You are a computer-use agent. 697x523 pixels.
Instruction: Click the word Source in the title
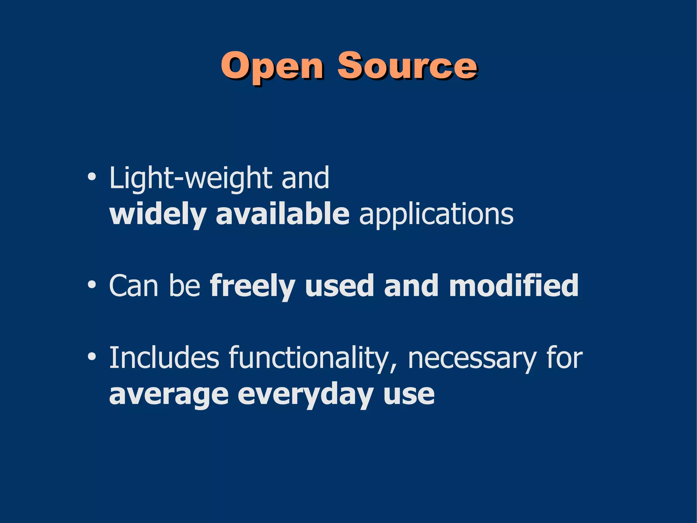pos(407,66)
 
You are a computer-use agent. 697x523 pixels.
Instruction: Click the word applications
pos(436,215)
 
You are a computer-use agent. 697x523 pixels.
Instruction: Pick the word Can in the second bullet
pos(134,286)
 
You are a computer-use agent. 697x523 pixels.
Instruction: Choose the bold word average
pos(168,395)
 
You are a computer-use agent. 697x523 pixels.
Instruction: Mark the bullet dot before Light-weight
pos(91,178)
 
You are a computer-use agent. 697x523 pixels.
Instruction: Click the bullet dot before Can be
pos(91,285)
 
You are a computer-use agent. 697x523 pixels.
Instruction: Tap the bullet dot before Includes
pos(91,357)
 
